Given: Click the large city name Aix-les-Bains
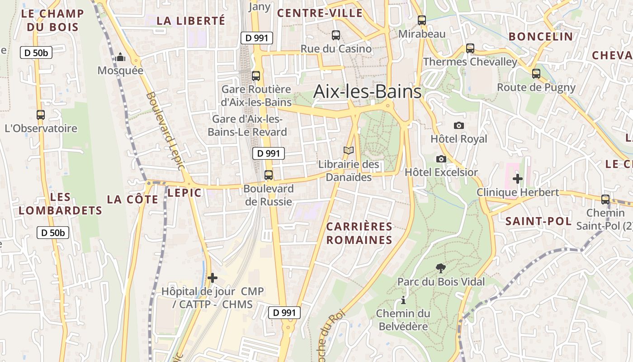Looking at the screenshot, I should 367,92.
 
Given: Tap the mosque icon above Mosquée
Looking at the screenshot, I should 120,57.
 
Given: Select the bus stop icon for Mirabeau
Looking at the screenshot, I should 422,20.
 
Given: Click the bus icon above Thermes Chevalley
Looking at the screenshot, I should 470,48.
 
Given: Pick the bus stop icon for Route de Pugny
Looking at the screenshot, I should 536,74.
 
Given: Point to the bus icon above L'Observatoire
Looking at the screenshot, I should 41,115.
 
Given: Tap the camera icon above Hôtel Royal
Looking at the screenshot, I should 459,125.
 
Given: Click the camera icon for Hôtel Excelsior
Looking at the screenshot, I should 441,159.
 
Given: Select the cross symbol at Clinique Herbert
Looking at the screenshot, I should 518,179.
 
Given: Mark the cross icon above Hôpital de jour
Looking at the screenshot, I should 213,277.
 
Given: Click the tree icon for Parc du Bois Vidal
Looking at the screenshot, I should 441,268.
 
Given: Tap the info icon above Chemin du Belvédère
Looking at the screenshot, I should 403,300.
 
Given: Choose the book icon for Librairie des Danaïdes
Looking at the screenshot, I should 349,151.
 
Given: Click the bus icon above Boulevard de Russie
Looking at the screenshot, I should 269,175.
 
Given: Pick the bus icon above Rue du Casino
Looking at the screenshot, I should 336,35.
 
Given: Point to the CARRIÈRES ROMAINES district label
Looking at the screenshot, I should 359,233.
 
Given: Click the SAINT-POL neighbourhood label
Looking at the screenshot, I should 539,221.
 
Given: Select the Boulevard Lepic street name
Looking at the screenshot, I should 166,131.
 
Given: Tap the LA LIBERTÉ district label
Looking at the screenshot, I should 190,20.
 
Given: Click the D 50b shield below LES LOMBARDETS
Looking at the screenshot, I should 52,233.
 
